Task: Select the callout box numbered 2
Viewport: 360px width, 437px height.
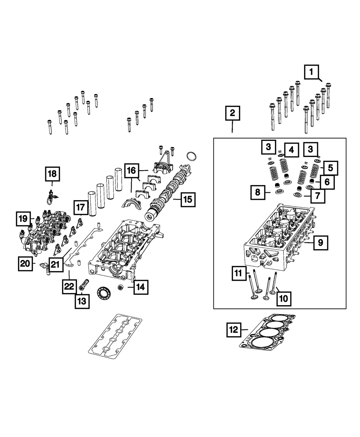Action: pos(233,113)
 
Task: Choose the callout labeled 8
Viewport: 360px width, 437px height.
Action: pos(258,193)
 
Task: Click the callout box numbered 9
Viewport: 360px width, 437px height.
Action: pos(320,244)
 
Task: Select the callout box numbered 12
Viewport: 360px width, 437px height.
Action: pos(234,330)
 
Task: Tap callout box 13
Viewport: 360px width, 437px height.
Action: pos(82,302)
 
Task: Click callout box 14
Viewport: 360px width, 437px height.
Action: pos(141,287)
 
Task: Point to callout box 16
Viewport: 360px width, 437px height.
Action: pos(131,170)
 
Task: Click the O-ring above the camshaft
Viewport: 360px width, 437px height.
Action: pos(192,157)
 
